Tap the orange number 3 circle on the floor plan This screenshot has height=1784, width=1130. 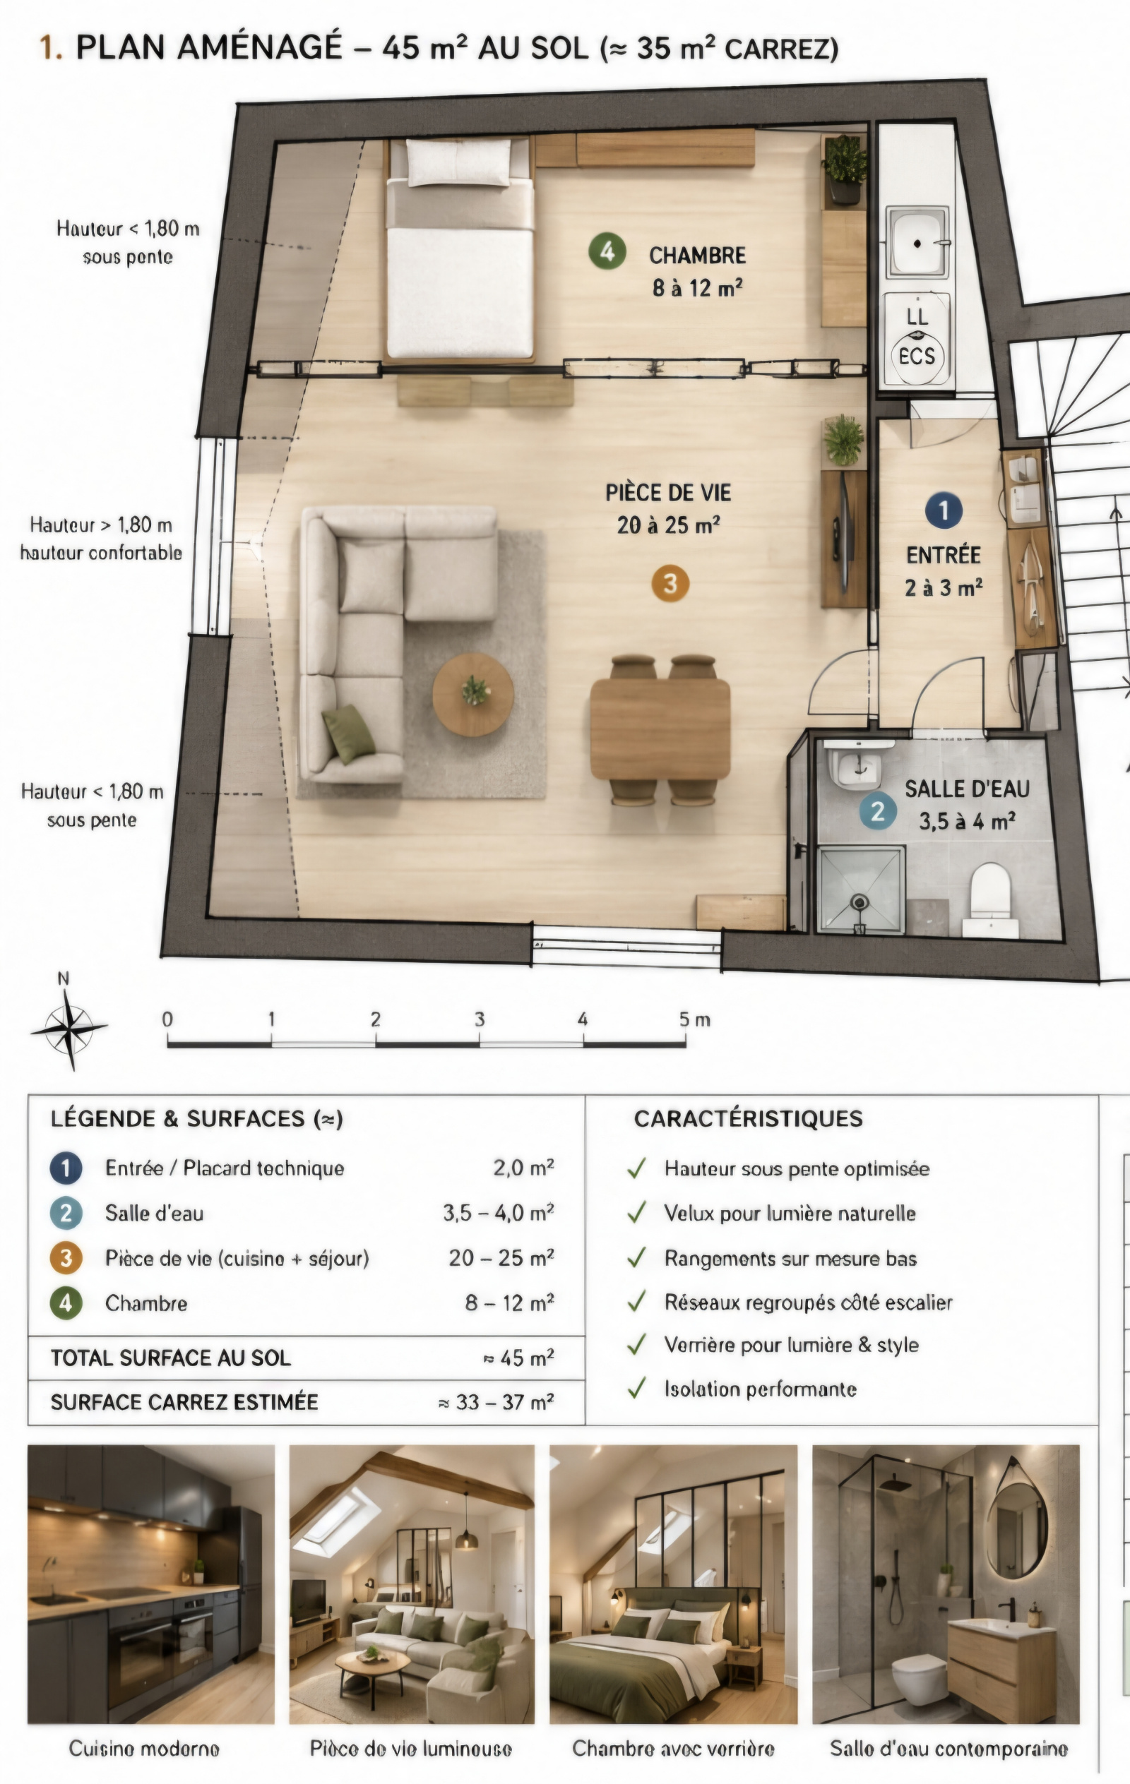(x=670, y=583)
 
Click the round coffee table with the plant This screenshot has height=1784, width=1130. (x=472, y=694)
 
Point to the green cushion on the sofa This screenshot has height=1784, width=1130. (x=348, y=734)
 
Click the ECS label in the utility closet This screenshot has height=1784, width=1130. (x=917, y=357)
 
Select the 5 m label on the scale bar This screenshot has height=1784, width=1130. (x=694, y=1019)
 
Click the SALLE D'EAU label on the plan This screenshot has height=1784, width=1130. (x=967, y=789)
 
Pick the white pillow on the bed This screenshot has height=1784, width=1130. (x=459, y=163)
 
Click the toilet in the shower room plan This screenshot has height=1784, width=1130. (x=990, y=897)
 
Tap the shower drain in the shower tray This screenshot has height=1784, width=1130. (x=860, y=902)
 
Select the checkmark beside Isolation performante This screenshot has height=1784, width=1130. (x=636, y=1388)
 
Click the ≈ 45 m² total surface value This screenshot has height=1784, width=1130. (x=518, y=1358)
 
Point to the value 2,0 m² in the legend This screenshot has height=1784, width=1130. (x=524, y=1168)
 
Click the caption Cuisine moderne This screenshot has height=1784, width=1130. (x=145, y=1749)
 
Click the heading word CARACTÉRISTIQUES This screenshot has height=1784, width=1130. (x=749, y=1119)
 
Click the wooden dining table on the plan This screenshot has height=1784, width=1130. (x=660, y=729)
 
